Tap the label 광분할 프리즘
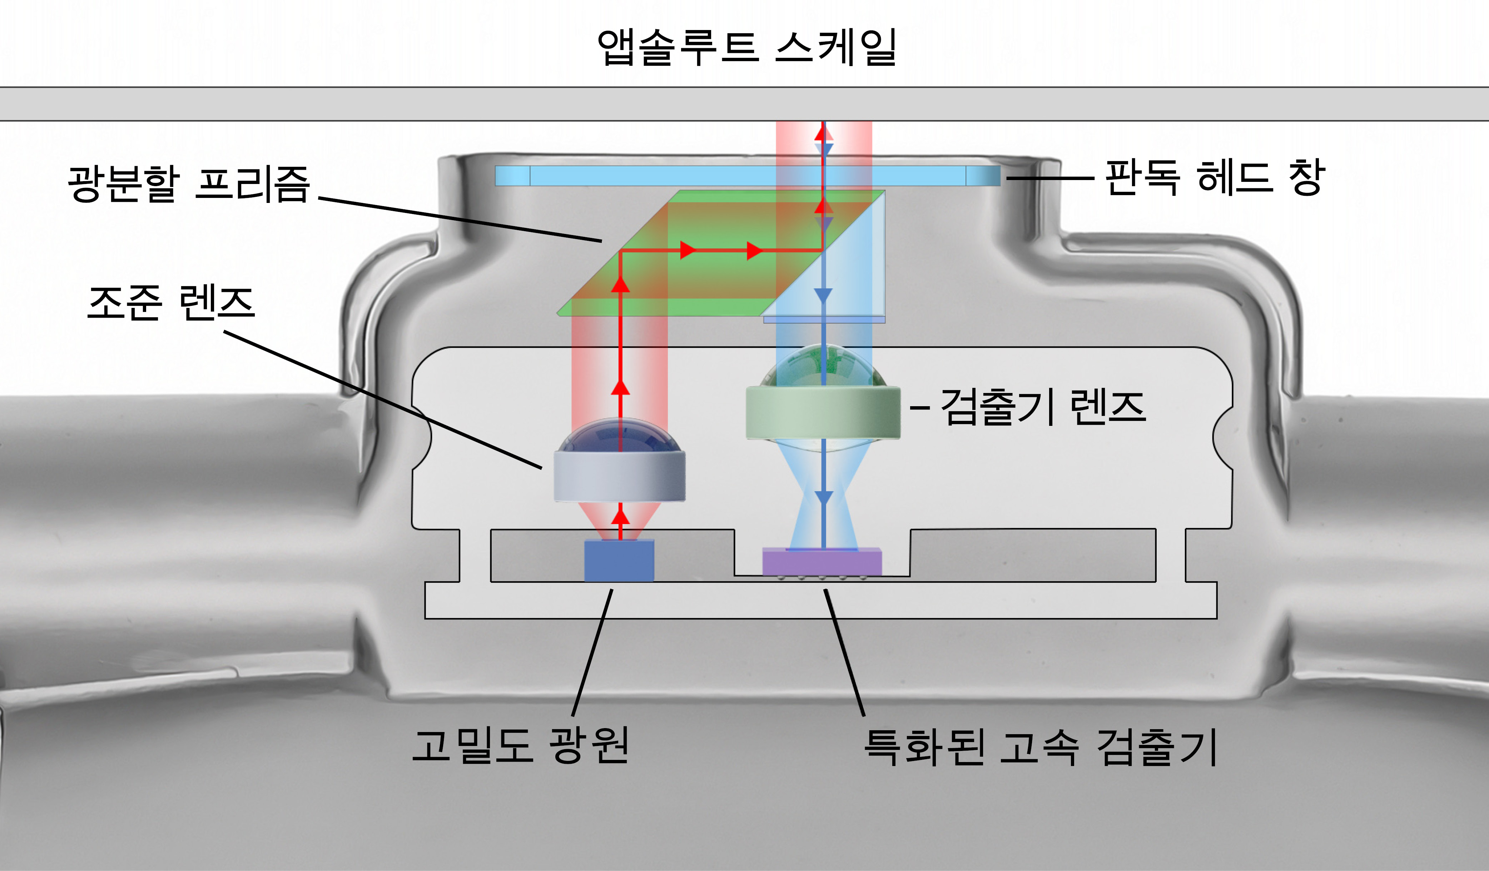point(189,184)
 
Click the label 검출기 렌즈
point(1043,407)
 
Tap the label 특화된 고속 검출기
point(1040,747)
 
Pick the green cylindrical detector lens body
point(823,412)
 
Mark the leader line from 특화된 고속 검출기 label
point(845,653)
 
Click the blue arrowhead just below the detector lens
point(823,498)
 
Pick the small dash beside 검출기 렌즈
point(920,408)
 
